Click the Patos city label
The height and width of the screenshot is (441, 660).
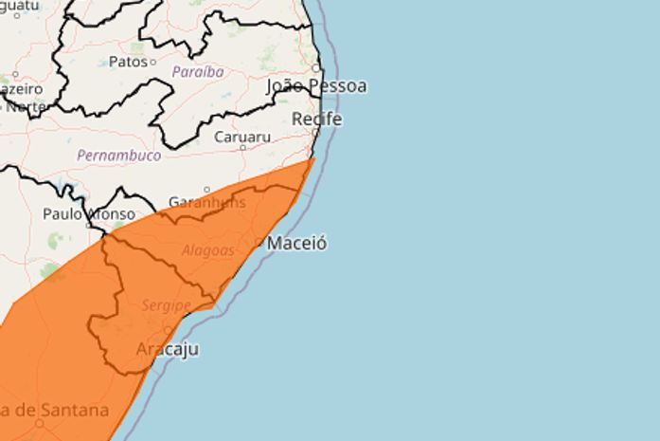tap(128, 62)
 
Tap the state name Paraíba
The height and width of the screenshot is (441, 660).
tap(197, 72)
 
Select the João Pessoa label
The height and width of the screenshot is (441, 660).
tap(316, 86)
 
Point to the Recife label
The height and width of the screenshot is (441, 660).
tap(316, 119)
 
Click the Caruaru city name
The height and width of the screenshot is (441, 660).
tap(242, 137)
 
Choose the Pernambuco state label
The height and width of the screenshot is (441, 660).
tap(119, 155)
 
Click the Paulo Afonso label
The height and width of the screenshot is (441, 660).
tap(88, 214)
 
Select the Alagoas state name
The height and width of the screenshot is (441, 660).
tap(207, 250)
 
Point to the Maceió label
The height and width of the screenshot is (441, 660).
tap(297, 244)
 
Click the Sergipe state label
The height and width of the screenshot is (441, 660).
tap(167, 305)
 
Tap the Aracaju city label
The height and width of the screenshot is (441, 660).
tap(168, 350)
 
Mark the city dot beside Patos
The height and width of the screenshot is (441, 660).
tap(153, 62)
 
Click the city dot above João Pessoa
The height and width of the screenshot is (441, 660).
tap(316, 69)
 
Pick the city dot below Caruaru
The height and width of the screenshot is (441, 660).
tap(242, 147)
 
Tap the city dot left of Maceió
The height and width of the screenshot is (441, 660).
tap(260, 243)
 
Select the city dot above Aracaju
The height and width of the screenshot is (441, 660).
tap(169, 331)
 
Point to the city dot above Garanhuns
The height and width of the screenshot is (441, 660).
tap(207, 190)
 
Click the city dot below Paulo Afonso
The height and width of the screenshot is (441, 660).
tap(89, 226)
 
